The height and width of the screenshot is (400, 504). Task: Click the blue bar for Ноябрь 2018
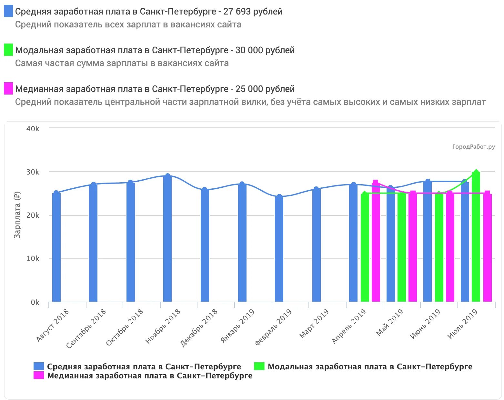167,239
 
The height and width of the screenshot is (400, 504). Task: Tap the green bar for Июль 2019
476,237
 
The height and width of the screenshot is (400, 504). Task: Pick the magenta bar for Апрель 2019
376,242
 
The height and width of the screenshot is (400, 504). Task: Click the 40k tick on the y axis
33,129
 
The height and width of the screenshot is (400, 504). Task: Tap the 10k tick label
33,259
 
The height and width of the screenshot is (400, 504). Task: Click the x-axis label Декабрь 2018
199,328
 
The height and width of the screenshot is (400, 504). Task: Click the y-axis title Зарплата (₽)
17,215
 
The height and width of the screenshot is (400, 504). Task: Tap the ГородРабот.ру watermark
473,147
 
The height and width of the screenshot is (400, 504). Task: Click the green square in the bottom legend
259,366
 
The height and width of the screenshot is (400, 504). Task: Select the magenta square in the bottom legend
38,375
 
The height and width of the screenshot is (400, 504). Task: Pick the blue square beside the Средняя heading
8,11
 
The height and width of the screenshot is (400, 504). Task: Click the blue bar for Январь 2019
242,243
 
